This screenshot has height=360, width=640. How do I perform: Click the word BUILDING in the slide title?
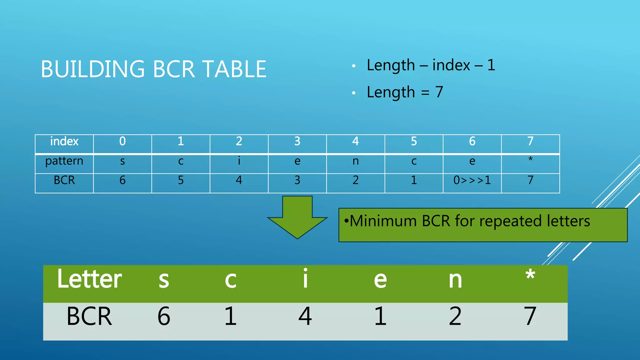pos(93,69)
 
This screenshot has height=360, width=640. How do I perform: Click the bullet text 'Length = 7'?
pos(405,92)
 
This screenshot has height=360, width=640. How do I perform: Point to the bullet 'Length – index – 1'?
pos(431,65)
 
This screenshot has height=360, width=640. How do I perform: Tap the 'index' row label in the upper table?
pos(64,142)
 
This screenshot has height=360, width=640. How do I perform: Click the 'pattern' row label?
pos(64,161)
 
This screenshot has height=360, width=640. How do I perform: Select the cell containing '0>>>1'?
pos(472,180)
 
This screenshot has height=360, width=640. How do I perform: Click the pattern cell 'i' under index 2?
pos(239,161)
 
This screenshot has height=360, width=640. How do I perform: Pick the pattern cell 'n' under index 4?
pos(356,161)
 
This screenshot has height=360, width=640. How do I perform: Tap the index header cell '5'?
pos(414,142)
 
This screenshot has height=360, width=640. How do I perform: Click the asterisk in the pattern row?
pos(530,159)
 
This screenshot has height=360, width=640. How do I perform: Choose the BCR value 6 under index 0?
pos(122,180)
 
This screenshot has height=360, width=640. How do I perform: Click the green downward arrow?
pos(297,217)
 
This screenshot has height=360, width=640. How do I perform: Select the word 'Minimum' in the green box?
pos(383,221)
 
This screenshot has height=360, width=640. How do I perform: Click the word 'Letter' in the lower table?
pos(89,279)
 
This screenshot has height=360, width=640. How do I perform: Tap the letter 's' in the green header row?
pos(164,280)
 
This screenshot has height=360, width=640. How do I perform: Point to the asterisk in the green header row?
pos(530,275)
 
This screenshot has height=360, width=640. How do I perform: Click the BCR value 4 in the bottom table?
pos(305,316)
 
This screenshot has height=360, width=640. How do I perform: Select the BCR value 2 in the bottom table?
pos(455,316)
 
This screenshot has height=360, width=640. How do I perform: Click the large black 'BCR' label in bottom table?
pos(89,316)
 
